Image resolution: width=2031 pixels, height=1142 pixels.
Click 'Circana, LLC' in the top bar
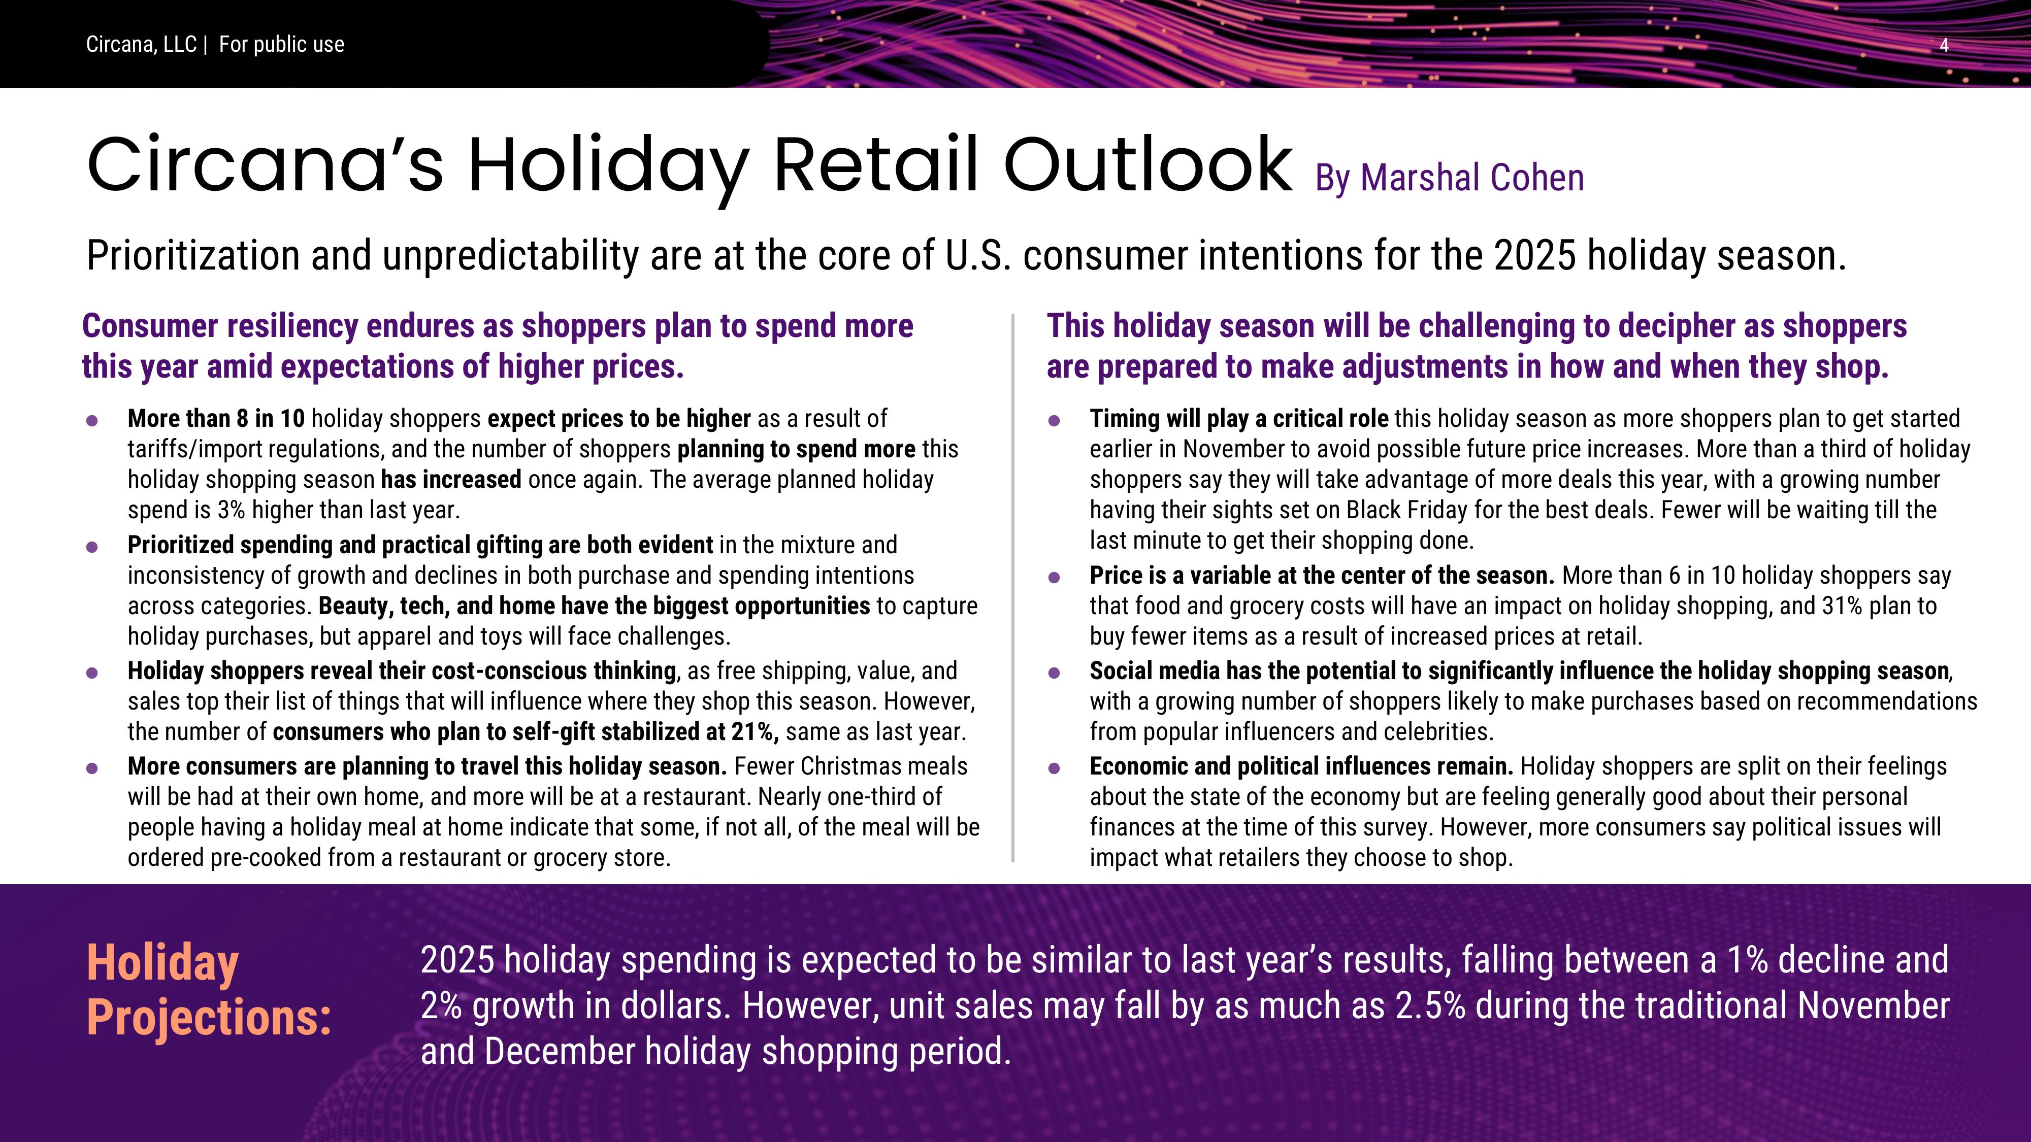[141, 45]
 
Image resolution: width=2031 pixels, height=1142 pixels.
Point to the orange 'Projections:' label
[209, 1017]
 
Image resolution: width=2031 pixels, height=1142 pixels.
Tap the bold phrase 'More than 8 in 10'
[216, 419]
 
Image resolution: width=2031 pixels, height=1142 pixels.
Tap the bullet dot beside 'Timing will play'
[1054, 421]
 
